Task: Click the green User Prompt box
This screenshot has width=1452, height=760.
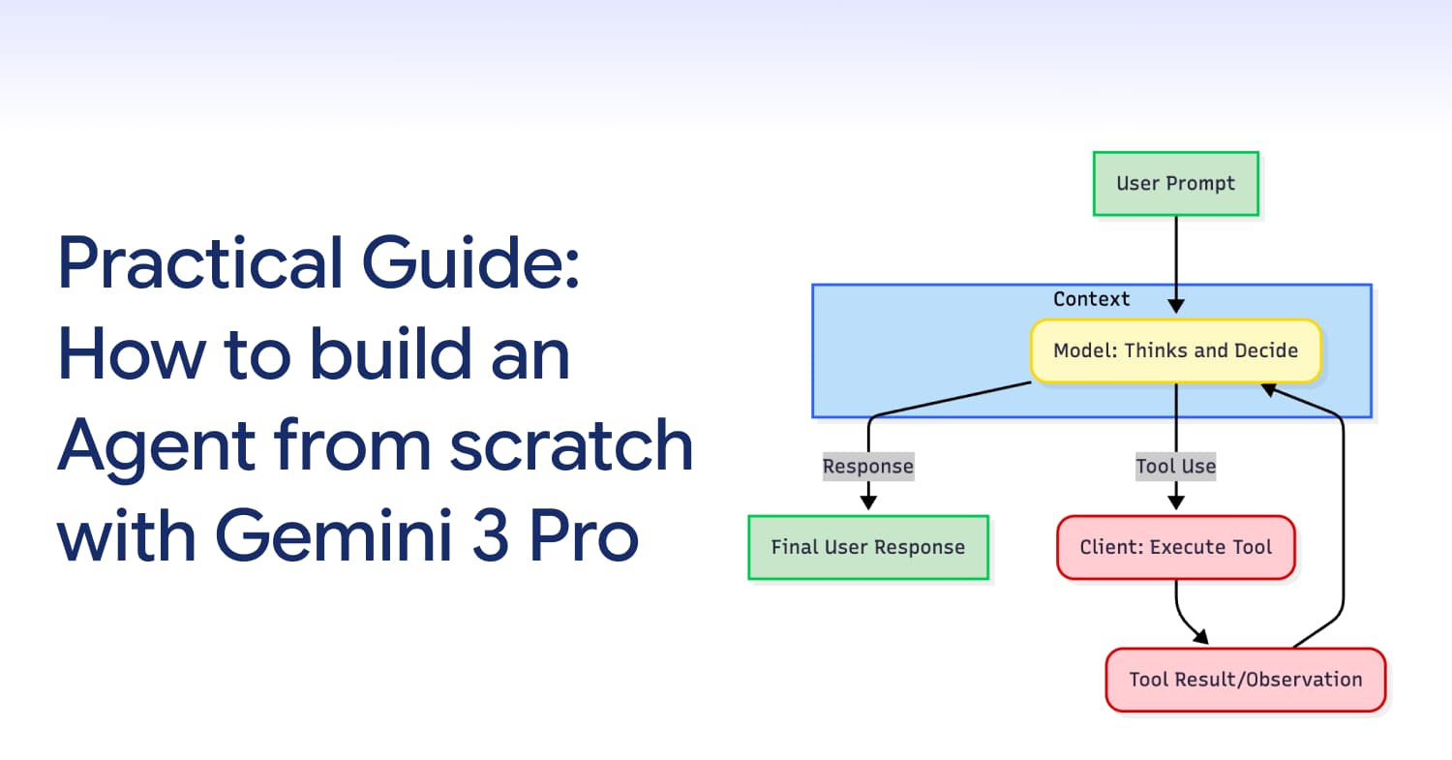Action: (x=1175, y=183)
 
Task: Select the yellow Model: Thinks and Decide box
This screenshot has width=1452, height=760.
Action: (x=1175, y=350)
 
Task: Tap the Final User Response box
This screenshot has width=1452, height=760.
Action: (x=867, y=547)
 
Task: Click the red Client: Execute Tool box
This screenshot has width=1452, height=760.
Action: (x=1175, y=547)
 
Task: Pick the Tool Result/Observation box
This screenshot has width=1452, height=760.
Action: (x=1245, y=680)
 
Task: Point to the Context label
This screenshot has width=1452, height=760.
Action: (x=1091, y=299)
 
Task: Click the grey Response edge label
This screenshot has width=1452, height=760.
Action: (x=867, y=467)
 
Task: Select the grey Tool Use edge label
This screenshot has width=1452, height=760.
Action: (x=1175, y=467)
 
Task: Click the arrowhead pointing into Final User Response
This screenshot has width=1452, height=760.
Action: (x=868, y=502)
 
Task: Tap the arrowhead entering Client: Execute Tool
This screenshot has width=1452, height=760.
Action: (x=1175, y=502)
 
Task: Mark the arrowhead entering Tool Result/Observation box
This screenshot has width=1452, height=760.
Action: (x=1200, y=636)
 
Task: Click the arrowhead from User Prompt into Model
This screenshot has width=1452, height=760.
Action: (x=1175, y=305)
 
